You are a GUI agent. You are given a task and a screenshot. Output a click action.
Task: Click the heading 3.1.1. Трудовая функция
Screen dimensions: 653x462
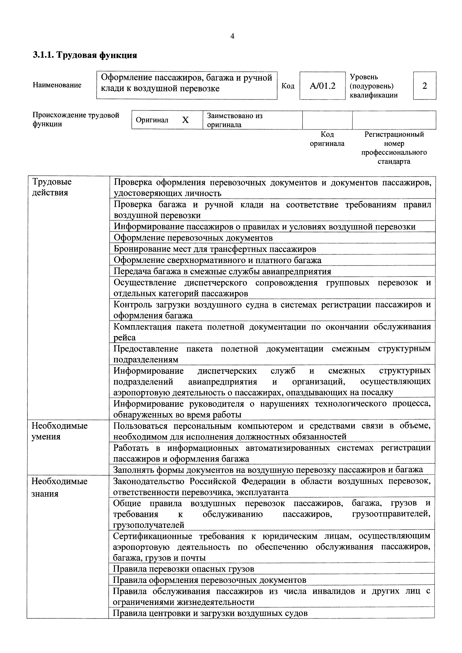(x=85, y=55)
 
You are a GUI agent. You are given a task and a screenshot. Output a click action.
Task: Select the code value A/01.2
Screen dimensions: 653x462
(x=322, y=86)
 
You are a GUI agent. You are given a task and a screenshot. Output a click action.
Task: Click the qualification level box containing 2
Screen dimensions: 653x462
(x=424, y=86)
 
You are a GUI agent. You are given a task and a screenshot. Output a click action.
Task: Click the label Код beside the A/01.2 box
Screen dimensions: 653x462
(x=288, y=86)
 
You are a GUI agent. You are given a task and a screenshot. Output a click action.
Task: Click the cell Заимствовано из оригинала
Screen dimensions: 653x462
(x=235, y=120)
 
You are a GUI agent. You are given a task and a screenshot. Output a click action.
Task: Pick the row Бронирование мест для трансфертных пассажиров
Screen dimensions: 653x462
(x=215, y=249)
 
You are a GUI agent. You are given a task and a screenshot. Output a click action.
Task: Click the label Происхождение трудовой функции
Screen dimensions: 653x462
(x=76, y=120)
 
